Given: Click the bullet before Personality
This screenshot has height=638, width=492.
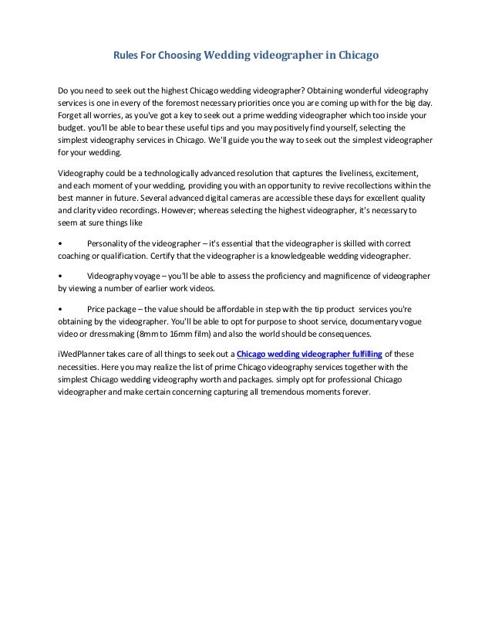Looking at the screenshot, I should tap(61, 244).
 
